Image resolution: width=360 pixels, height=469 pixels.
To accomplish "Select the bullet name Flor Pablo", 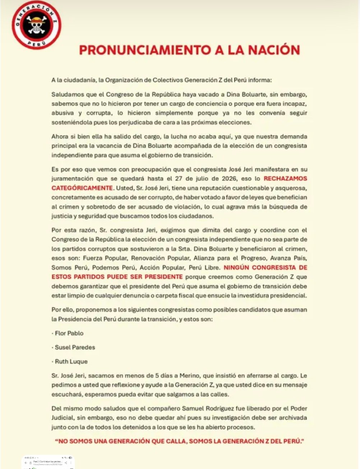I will (x=69, y=333).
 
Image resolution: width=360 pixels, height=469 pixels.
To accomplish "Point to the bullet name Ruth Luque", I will (x=71, y=362).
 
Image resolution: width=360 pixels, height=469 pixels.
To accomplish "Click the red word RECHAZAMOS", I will (x=285, y=178).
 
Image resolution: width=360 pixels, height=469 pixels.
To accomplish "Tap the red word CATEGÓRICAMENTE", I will (x=82, y=188).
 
